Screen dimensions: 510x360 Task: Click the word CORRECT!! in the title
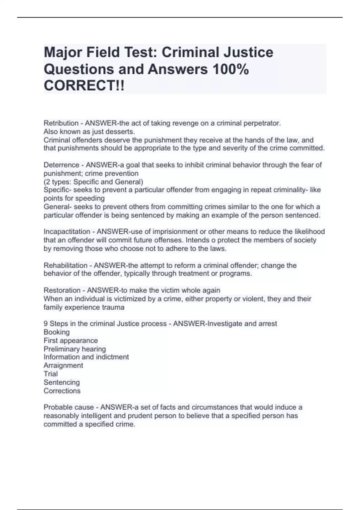(x=84, y=86)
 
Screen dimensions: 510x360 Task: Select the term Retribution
(x=61, y=123)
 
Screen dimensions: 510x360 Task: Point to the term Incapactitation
(x=67, y=232)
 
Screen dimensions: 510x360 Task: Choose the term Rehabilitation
(x=65, y=265)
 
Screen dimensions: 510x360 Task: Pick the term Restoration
(x=62, y=290)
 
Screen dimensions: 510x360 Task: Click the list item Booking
(x=56, y=332)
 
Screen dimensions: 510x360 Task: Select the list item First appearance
(x=70, y=340)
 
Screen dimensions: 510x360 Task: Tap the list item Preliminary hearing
(x=75, y=349)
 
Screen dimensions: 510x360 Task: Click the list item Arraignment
(x=63, y=365)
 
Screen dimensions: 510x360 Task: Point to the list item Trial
(x=51, y=374)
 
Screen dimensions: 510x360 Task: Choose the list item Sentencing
(x=61, y=382)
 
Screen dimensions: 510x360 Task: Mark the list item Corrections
(x=62, y=391)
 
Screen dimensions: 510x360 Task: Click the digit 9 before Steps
(x=46, y=324)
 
